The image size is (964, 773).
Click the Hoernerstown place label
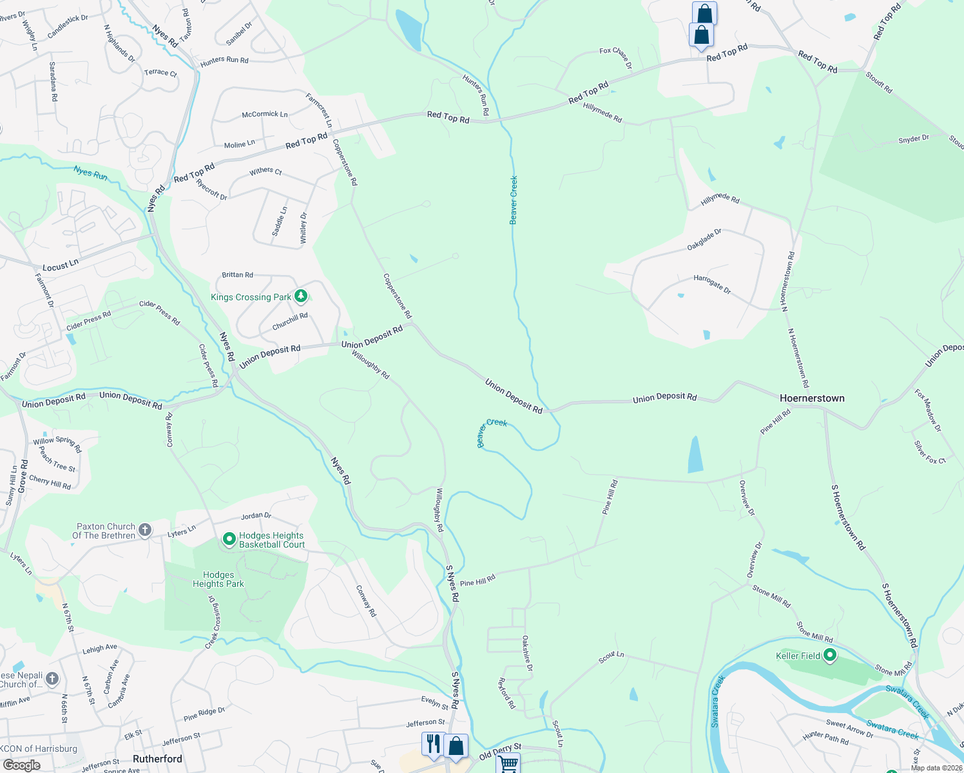[812, 398]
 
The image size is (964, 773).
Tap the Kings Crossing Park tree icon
[301, 296]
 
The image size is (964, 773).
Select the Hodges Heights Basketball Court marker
[229, 539]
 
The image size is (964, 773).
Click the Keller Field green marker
[830, 656]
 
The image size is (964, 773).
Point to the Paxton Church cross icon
[145, 530]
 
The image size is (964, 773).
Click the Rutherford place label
[157, 759]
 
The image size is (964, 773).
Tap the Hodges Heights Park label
[218, 579]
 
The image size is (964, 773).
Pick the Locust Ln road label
[60, 265]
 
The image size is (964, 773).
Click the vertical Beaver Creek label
[514, 200]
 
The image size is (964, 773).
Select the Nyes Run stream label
[90, 173]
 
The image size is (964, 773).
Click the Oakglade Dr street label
[704, 240]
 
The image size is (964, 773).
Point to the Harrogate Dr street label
[712, 284]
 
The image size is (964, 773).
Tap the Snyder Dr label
[914, 139]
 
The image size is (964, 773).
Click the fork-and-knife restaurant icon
[432, 743]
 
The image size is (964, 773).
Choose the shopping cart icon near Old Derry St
[508, 763]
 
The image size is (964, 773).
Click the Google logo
[21, 765]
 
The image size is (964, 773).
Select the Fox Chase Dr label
[615, 57]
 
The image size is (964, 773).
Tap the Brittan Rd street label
[237, 275]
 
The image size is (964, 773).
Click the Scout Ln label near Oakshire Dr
[611, 657]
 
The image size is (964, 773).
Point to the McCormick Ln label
[265, 114]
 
